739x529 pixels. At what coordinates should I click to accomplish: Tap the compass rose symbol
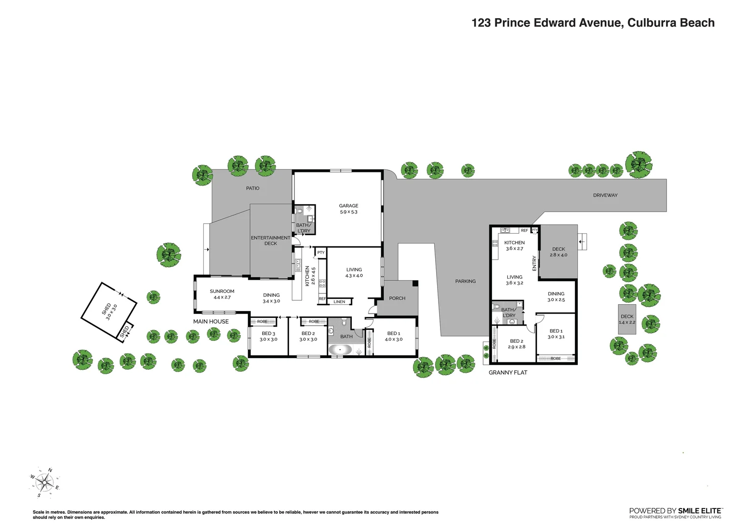coord(45,482)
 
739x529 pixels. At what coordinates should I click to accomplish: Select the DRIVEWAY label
coord(605,195)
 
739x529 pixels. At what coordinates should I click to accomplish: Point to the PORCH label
coord(397,298)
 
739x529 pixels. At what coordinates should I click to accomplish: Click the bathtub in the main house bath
coord(340,350)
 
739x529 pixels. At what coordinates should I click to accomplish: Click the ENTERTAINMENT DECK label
coord(271,240)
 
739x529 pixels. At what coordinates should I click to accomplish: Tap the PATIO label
coord(253,188)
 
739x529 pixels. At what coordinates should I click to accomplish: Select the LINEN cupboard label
coord(339,302)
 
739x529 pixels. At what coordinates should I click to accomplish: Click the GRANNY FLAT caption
coord(508,373)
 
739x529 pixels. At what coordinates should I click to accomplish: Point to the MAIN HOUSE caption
coord(211,322)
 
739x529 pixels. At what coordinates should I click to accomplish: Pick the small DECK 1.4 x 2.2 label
coord(627,319)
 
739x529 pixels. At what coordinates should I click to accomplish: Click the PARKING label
coord(465,281)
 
